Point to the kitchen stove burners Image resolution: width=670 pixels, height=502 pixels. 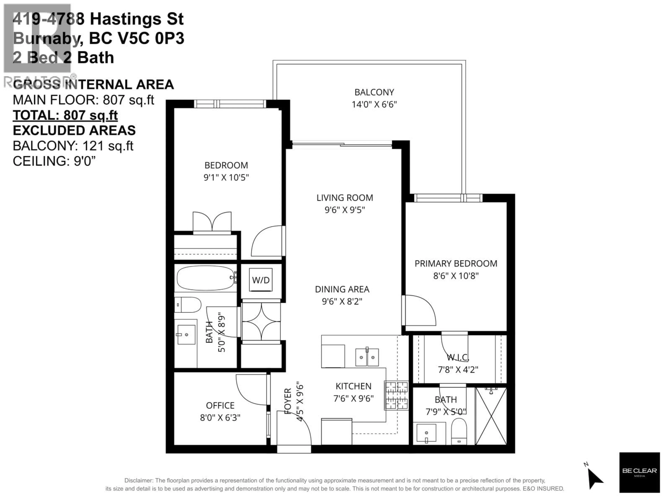[396, 395]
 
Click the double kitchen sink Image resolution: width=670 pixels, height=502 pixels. [367, 357]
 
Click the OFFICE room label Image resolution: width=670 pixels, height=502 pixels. [220, 405]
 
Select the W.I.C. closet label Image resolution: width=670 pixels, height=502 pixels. [458, 358]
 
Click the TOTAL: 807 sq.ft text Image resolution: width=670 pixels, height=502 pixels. [65, 115]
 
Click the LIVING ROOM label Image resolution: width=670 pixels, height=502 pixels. [345, 198]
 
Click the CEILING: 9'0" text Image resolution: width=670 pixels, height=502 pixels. [54, 161]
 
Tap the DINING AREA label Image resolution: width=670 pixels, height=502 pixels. [342, 289]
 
